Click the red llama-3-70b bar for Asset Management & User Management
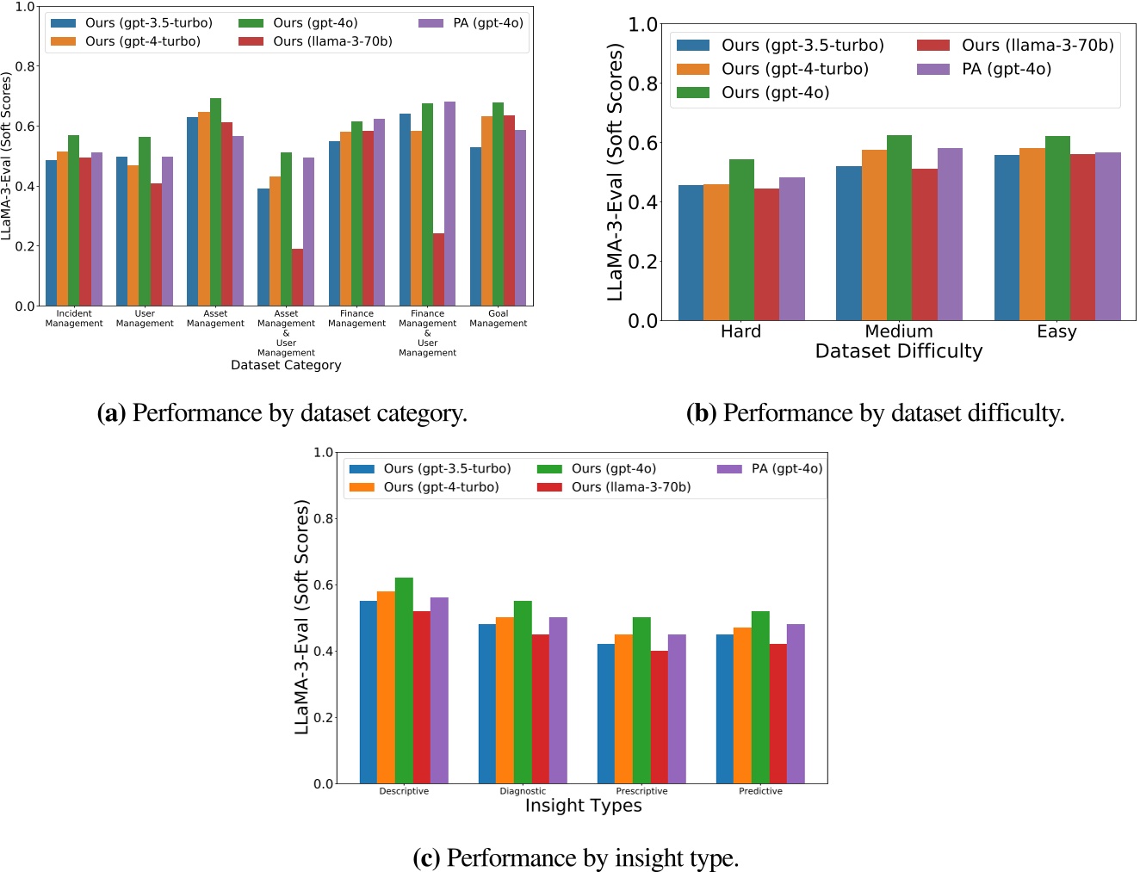[297, 277]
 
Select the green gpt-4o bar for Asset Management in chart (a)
[215, 202]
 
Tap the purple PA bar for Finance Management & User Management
[449, 204]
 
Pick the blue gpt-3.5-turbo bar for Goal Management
[475, 226]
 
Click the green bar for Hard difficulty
[741, 240]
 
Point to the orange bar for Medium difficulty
[874, 235]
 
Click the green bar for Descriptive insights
[404, 680]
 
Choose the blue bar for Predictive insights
[725, 708]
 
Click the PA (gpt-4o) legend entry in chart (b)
[1006, 69]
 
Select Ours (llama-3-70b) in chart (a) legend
[332, 41]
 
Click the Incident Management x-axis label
[74, 318]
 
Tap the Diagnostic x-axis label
[523, 791]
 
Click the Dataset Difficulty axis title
[898, 351]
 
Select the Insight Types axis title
[583, 806]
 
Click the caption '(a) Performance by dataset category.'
[282, 413]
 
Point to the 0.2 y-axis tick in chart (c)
[323, 717]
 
